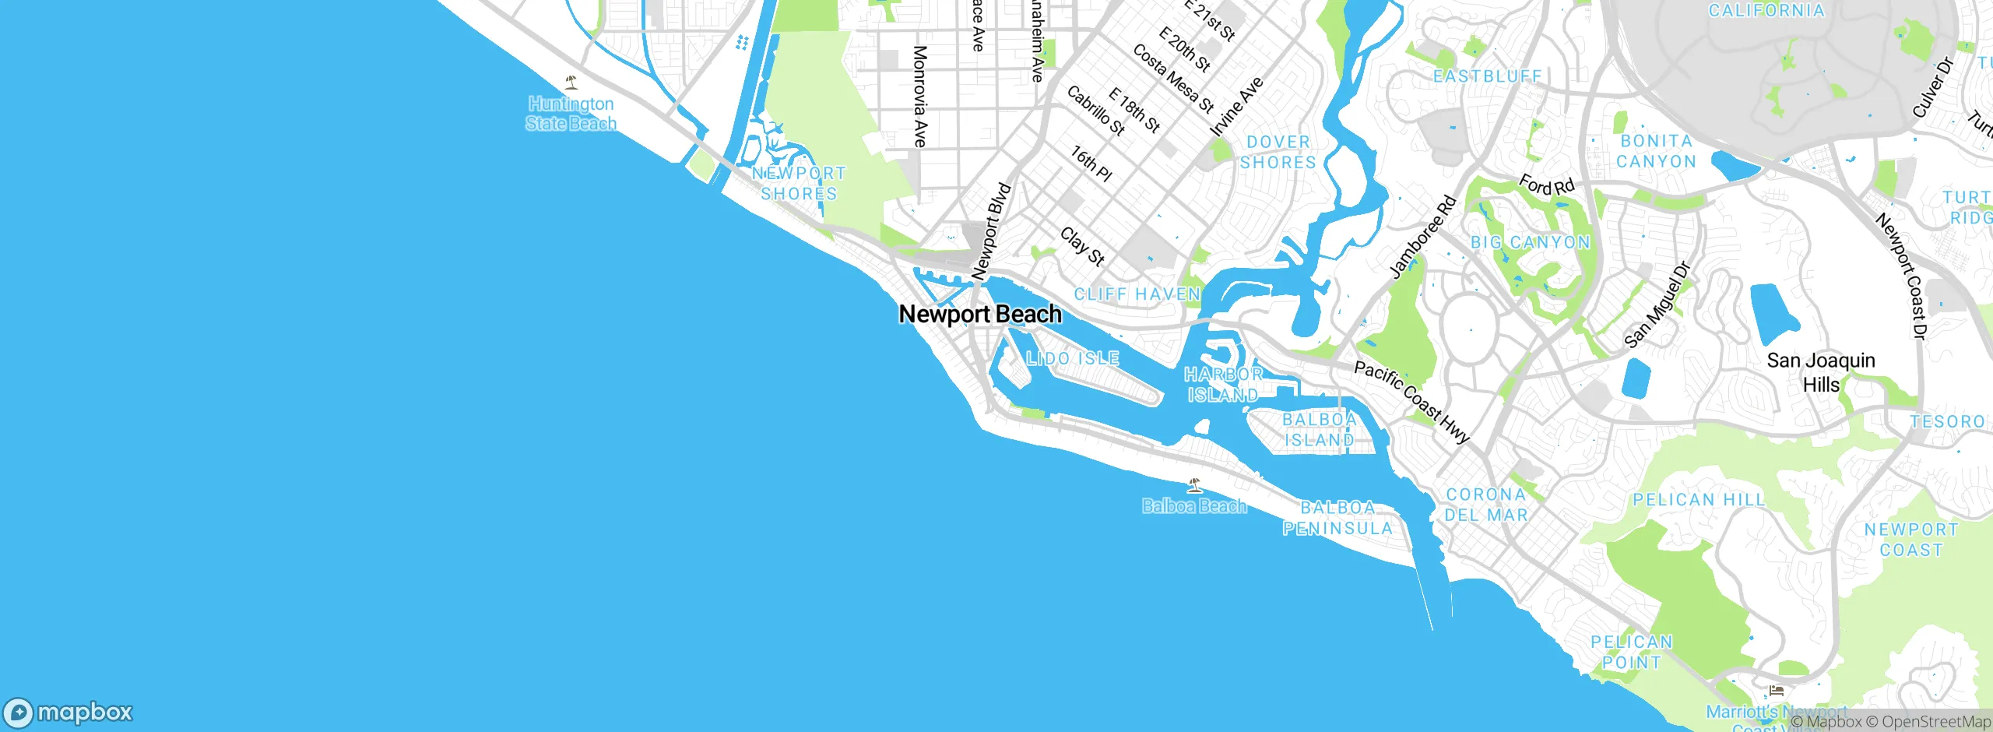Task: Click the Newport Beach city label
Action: click(x=980, y=314)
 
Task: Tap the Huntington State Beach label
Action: click(x=571, y=114)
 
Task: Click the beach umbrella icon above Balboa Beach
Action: click(x=1194, y=486)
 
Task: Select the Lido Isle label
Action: click(x=1073, y=358)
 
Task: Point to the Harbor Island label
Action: click(x=1223, y=385)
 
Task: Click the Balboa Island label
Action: click(x=1320, y=430)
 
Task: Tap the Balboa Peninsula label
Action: click(x=1337, y=518)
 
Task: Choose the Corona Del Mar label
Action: click(x=1486, y=505)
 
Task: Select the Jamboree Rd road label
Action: click(x=1423, y=237)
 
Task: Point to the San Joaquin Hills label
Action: click(x=1821, y=372)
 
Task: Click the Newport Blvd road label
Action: click(x=991, y=231)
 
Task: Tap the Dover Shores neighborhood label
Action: click(x=1278, y=152)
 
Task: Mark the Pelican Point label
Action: click(x=1632, y=652)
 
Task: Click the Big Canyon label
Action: click(x=1531, y=242)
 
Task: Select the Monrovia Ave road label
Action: click(x=919, y=97)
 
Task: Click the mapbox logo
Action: click(x=69, y=713)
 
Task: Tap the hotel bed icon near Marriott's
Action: click(x=1776, y=690)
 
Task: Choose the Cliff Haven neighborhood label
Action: click(x=1137, y=294)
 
